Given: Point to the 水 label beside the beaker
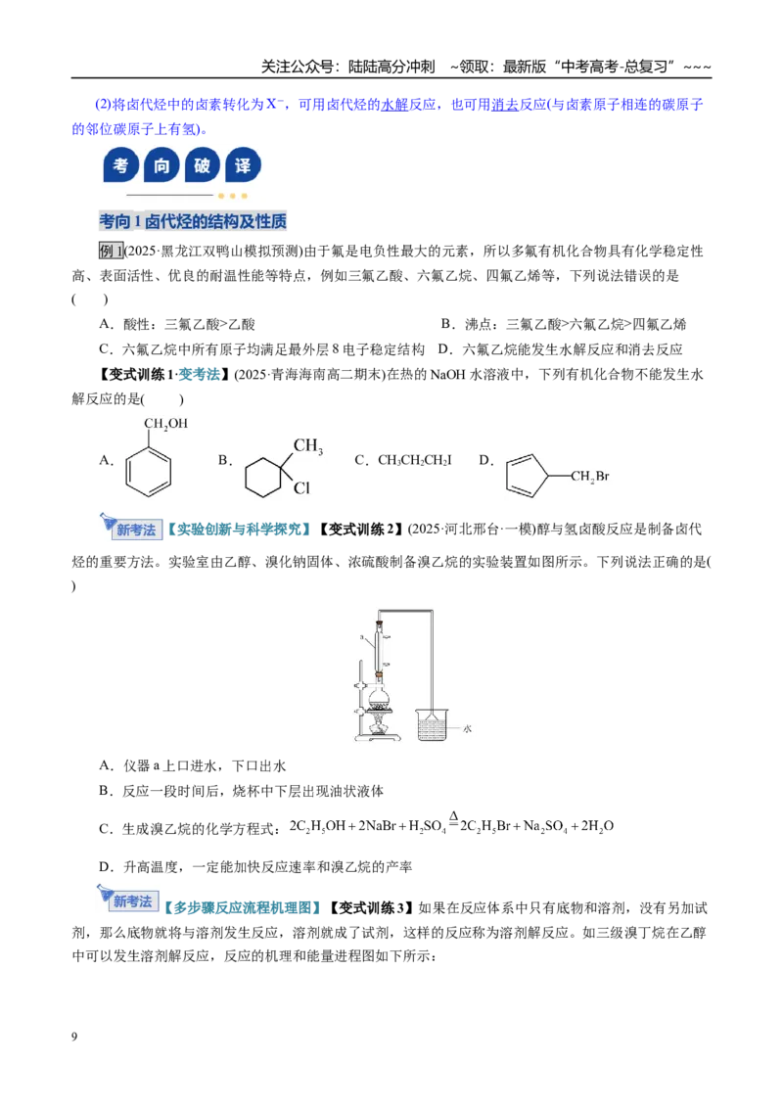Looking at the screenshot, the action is coord(467,728).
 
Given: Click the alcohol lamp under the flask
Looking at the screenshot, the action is coord(379,725).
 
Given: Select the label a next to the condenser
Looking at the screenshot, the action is coord(362,637).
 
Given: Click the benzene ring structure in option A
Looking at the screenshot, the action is coord(149,472).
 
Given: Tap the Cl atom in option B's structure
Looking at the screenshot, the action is coord(301,487).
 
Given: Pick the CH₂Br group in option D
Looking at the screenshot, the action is coord(590,477).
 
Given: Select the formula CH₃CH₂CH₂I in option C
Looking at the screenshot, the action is coord(415,460).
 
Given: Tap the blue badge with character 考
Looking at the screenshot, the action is coord(120,165).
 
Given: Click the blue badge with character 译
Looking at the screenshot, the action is coord(243,165).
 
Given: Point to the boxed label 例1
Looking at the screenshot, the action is coord(111,251).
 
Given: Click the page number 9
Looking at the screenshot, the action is coord(74,1037).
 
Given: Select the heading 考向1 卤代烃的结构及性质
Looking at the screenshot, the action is coord(193,221).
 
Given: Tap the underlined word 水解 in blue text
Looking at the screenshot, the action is coord(395,105).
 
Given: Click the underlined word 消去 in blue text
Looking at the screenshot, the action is coord(505,105).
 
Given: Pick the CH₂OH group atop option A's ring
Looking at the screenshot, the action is coord(166,424).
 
